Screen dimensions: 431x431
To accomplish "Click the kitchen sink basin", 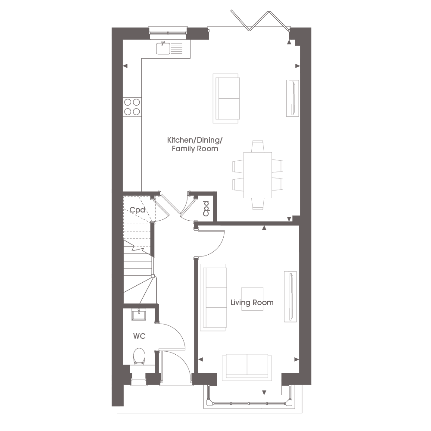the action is pyautogui.click(x=163, y=48).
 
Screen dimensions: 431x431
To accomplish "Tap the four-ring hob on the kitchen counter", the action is pyautogui.click(x=132, y=107).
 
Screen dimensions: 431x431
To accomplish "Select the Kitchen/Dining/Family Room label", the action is pyautogui.click(x=195, y=144).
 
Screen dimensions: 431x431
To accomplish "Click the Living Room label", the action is pyautogui.click(x=252, y=303).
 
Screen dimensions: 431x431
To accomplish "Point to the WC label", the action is pyautogui.click(x=139, y=336).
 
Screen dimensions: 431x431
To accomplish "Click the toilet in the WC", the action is pyautogui.click(x=139, y=356).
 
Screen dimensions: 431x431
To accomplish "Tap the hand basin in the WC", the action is pyautogui.click(x=139, y=314).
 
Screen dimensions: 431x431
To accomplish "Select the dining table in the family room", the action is pyautogui.click(x=258, y=175).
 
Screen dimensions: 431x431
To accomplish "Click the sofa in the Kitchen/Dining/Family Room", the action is pyautogui.click(x=226, y=98).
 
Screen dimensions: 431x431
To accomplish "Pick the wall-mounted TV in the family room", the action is pyautogui.click(x=293, y=98).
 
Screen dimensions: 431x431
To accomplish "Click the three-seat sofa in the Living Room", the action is pyautogui.click(x=214, y=297).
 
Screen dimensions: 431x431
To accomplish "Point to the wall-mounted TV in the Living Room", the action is pyautogui.click(x=290, y=297).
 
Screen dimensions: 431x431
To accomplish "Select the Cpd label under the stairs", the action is pyautogui.click(x=137, y=210).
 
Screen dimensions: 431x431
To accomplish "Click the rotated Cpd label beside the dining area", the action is pyautogui.click(x=206, y=209).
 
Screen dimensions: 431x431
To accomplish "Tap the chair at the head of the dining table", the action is pyautogui.click(x=258, y=147).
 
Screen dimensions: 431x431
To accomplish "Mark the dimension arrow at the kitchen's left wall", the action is pyautogui.click(x=125, y=66).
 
